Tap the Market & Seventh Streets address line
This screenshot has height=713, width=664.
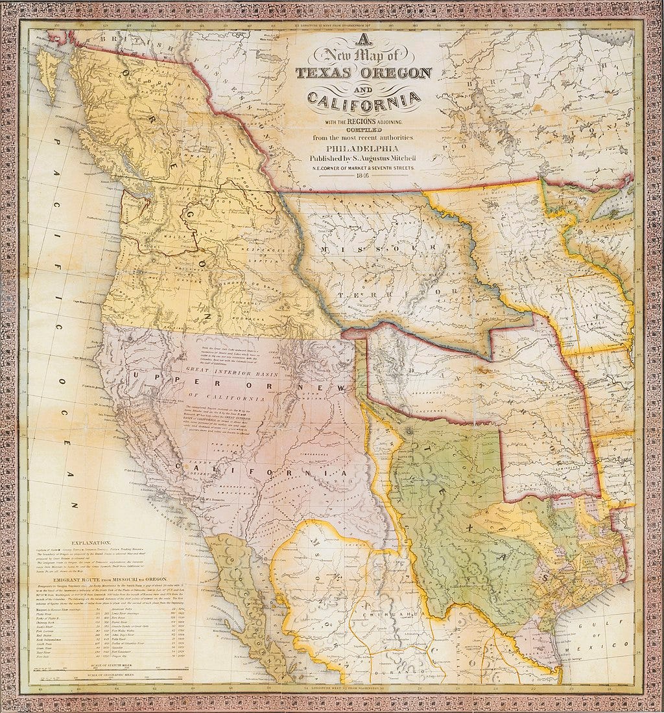[363, 168]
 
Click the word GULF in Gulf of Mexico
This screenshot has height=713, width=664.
[621, 620]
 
